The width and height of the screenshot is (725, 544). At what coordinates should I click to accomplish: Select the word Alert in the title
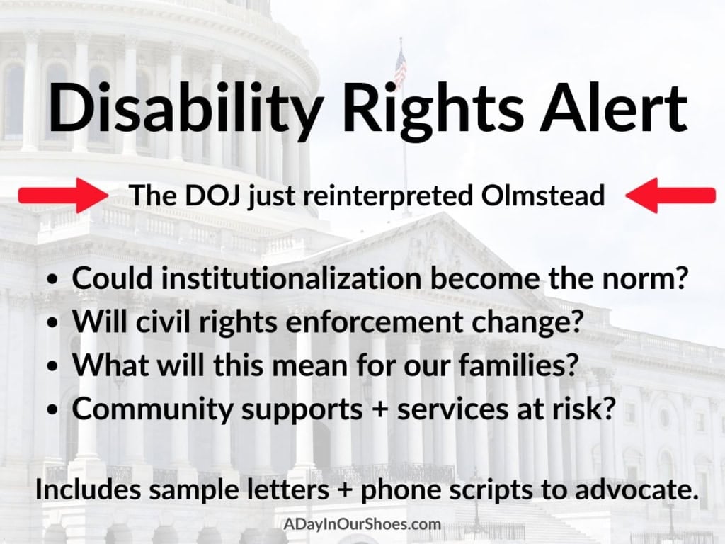point(612,107)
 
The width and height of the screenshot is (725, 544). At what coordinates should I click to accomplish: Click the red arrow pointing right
point(63,195)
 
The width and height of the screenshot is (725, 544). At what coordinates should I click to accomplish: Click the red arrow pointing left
point(670,195)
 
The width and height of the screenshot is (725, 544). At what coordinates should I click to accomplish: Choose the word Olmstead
point(542,195)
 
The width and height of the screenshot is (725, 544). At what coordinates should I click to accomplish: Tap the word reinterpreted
point(387,196)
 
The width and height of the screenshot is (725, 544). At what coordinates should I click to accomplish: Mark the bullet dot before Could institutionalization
point(54,279)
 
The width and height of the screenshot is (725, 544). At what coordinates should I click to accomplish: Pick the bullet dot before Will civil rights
point(54,323)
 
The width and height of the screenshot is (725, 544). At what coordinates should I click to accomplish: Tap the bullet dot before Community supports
point(54,410)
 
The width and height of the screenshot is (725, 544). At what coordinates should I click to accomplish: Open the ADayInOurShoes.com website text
point(362,524)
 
